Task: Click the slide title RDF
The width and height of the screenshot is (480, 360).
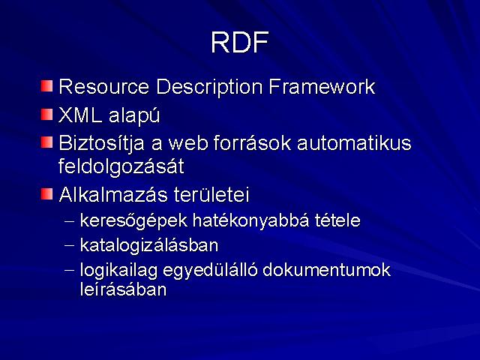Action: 240,42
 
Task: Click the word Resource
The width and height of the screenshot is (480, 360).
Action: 103,87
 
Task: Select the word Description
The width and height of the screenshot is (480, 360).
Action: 209,87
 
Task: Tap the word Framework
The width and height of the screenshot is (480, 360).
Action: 322,87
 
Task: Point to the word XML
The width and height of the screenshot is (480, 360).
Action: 80,115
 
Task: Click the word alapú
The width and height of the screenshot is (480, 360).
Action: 134,116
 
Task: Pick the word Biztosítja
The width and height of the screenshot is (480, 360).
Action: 101,144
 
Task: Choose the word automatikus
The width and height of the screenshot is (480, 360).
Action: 354,143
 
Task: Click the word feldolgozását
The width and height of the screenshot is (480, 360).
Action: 121,167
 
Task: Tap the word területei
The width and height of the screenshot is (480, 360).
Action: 211,194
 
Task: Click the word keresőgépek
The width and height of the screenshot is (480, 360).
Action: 133,220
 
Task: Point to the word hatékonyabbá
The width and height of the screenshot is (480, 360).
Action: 251,220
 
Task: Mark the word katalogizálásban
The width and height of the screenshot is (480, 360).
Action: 149,245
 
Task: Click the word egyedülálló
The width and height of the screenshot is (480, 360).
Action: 210,271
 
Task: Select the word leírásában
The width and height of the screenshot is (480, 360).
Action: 123,289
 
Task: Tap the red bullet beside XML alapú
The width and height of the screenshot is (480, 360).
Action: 46,115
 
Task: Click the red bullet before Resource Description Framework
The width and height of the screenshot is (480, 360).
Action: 46,86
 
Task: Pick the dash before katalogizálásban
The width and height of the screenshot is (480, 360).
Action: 70,245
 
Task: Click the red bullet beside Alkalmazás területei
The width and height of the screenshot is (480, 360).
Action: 46,193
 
